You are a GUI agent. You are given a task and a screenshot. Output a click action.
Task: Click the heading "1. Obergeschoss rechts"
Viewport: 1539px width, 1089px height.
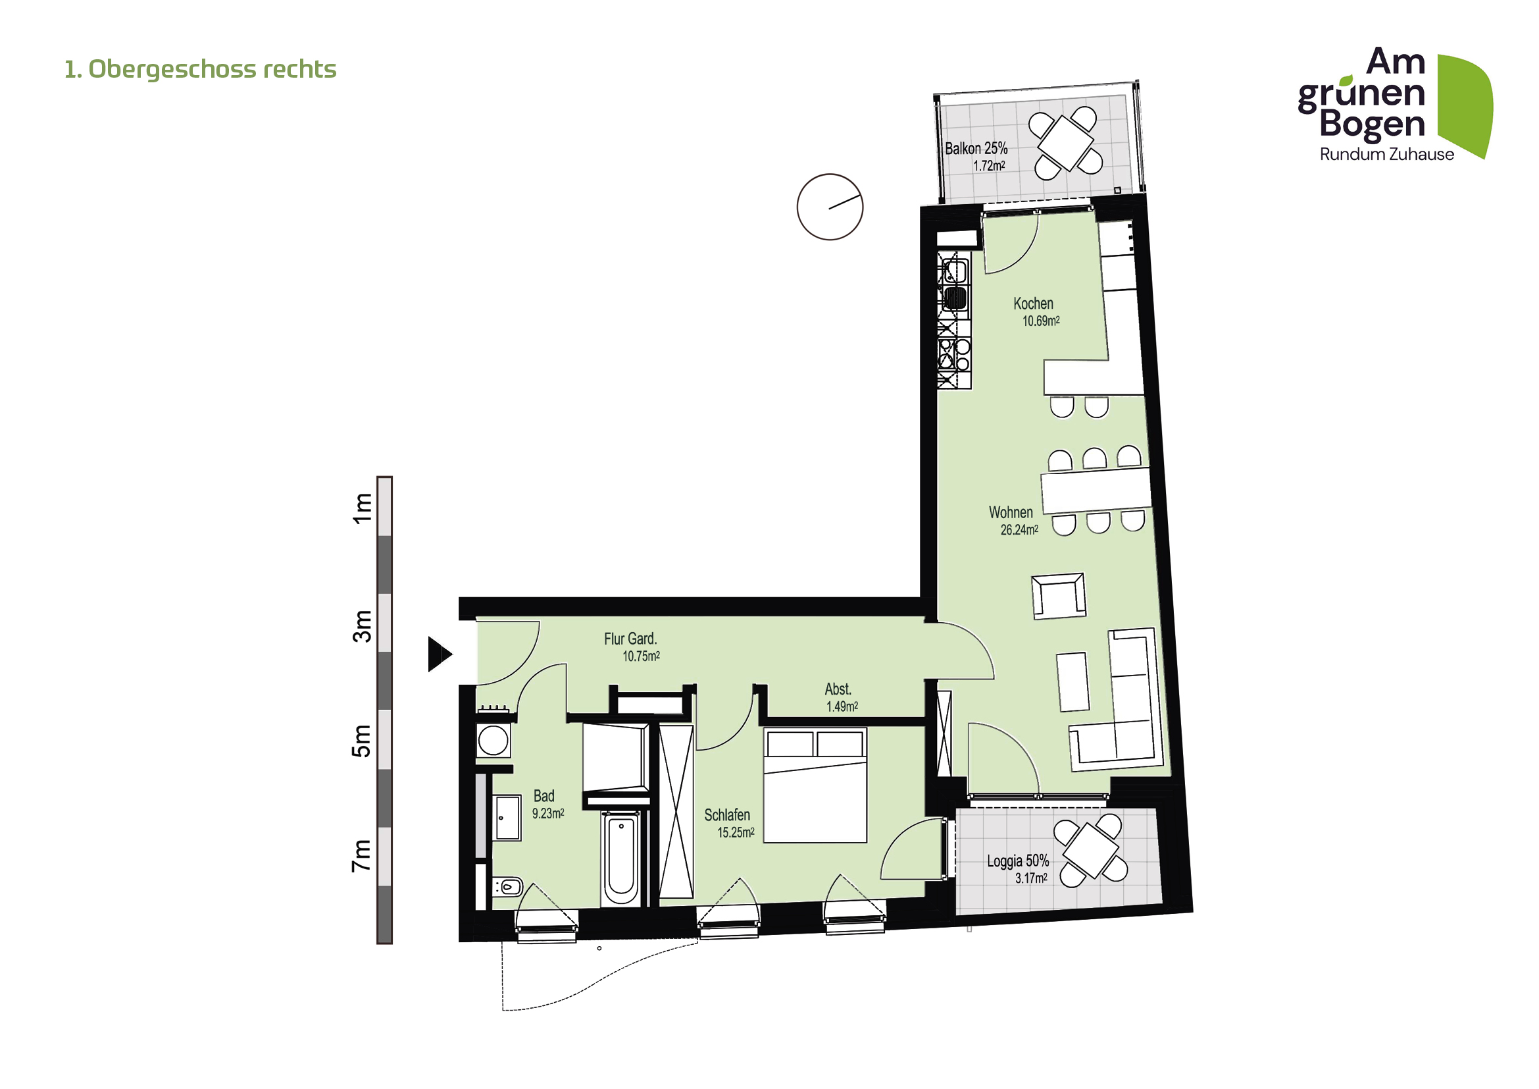point(200,69)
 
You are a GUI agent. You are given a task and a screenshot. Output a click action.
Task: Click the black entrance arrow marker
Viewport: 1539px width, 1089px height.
point(439,654)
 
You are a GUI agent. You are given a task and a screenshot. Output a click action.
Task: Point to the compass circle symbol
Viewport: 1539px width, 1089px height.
point(830,207)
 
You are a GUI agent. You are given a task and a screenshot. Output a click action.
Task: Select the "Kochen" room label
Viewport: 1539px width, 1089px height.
point(1033,304)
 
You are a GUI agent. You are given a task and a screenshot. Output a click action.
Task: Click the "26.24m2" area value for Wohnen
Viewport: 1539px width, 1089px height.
point(1019,531)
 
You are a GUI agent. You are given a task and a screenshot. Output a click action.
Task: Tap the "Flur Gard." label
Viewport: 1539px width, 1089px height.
point(630,639)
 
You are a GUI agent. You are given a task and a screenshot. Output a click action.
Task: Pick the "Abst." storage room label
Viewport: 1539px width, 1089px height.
point(838,689)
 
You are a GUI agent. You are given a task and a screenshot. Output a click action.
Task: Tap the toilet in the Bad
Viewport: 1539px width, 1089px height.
point(508,887)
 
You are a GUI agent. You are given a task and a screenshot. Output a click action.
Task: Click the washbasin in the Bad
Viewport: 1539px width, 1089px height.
point(507,818)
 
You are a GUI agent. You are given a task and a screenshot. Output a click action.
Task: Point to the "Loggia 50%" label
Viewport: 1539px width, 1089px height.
point(1017,861)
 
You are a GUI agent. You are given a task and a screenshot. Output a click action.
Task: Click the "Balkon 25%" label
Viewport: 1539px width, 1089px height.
point(976,148)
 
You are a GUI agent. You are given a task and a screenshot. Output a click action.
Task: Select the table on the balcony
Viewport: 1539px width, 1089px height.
point(1066,142)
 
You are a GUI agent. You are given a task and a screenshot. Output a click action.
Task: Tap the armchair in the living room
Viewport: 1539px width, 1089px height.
point(1059,596)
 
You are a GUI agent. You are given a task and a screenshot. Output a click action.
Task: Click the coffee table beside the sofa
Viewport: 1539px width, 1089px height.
point(1072,682)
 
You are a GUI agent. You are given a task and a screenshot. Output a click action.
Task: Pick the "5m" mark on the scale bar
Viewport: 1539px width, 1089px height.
point(361,741)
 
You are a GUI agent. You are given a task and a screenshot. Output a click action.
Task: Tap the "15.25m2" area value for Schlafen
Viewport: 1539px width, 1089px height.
point(736,833)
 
